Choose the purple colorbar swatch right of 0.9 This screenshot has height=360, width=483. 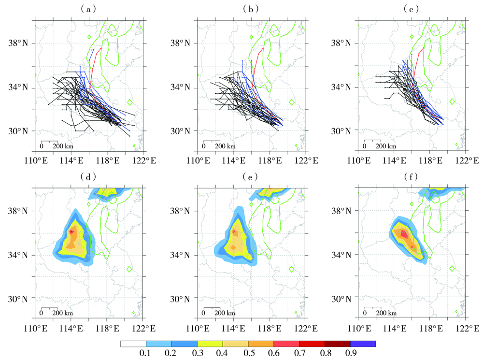pyautogui.click(x=363, y=344)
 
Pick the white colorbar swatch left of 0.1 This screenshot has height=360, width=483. pyautogui.click(x=133, y=344)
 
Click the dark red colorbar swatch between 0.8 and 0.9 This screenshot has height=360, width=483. pyautogui.click(x=338, y=344)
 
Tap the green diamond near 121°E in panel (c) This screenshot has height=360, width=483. pyautogui.click(x=453, y=102)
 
